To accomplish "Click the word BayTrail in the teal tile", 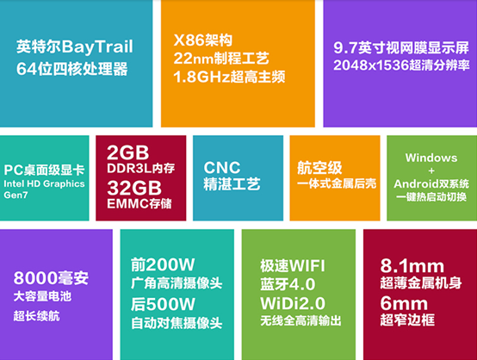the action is [97, 47].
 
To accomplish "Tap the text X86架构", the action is [203, 40].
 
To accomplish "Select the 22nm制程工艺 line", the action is [221, 59].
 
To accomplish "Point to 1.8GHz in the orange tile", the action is [201, 77].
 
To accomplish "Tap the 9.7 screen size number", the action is [345, 47].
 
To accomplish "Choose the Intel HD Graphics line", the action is [45, 183].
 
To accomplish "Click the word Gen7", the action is [15, 195].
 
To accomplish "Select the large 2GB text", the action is [127, 152].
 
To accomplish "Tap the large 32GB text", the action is [134, 188].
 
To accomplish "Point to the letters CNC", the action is [222, 168].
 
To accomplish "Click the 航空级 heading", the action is [319, 168].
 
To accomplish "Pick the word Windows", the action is [431, 158].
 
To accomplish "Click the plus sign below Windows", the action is [431, 171].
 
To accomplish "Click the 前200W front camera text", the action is [163, 264].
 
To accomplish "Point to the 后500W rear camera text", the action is [163, 304].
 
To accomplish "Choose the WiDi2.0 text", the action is [293, 303].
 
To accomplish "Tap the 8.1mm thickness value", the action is [412, 265].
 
